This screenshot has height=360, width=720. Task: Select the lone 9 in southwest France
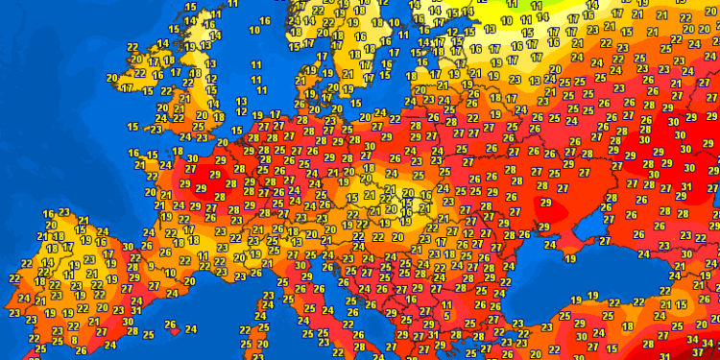pos(154,266)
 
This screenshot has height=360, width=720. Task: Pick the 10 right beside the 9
pos(168,273)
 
